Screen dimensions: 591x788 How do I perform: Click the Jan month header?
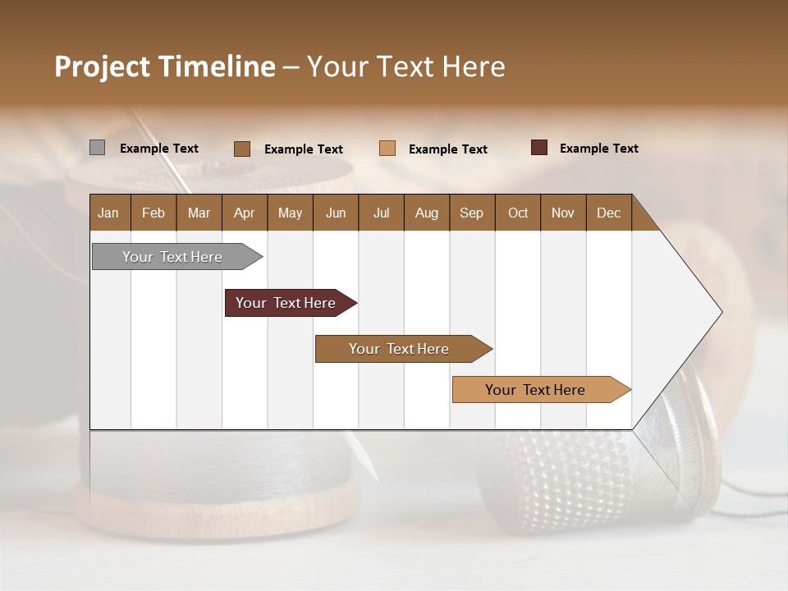tap(109, 213)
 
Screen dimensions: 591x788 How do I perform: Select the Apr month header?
tap(245, 213)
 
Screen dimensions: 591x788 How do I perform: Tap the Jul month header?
tap(381, 213)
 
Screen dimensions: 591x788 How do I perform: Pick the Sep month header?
tap(472, 213)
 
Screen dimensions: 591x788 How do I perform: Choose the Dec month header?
tap(608, 213)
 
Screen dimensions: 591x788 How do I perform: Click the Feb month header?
tap(153, 213)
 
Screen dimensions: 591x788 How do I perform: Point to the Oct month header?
tap(518, 213)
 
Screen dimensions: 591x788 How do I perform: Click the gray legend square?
tap(97, 148)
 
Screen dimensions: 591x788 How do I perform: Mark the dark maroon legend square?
tap(539, 148)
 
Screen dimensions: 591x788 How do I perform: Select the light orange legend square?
tap(387, 149)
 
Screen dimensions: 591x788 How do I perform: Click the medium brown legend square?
tap(242, 149)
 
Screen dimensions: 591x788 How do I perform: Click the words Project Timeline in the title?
tap(164, 66)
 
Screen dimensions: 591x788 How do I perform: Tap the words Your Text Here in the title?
tap(406, 66)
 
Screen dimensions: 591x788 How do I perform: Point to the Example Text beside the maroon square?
tap(598, 149)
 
